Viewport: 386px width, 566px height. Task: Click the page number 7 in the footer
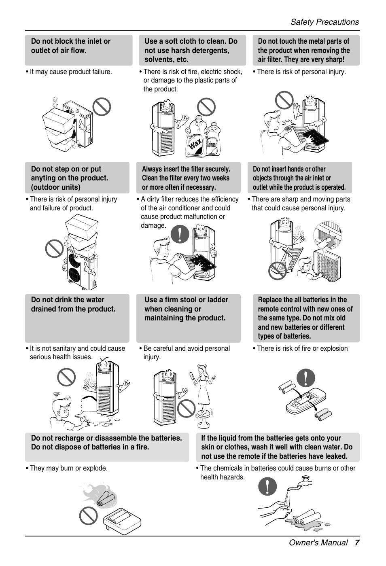point(357,543)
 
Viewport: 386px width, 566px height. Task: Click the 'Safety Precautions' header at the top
point(324,22)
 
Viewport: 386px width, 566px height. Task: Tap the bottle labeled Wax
point(195,138)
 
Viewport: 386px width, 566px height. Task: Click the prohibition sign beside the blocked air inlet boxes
point(102,107)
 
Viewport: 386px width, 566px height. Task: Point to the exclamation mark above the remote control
point(306,377)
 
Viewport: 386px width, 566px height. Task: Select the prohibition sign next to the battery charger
point(88,515)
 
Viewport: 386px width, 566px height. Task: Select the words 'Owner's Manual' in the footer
point(318,543)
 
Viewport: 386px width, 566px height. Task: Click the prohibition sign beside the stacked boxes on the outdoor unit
point(54,248)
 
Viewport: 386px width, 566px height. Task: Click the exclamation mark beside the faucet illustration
point(268,486)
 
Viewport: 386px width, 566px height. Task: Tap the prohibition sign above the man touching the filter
point(284,100)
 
